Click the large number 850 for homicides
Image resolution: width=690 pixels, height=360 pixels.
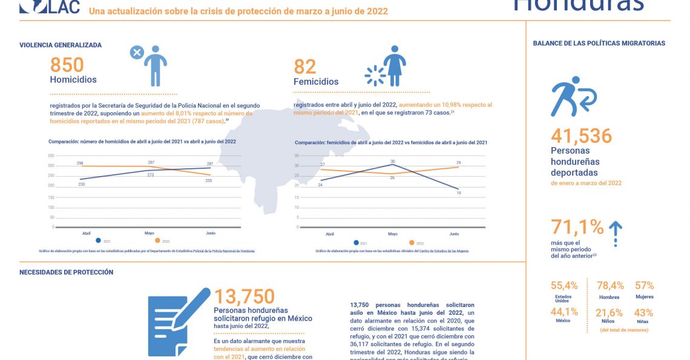pyautogui.click(x=67, y=65)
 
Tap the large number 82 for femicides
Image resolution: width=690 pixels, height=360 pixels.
pyautogui.click(x=305, y=67)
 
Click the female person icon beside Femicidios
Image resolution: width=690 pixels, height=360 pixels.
pyautogui.click(x=395, y=66)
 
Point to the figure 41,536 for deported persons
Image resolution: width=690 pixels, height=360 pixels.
pyautogui.click(x=581, y=136)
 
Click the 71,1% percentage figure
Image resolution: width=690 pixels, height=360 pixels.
pyautogui.click(x=577, y=227)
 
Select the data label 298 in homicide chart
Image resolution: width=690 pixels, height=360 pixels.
pyautogui.click(x=80, y=163)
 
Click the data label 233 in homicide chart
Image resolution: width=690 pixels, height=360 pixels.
pyautogui.click(x=81, y=184)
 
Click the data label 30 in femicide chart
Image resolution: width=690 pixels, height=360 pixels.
pyautogui.click(x=393, y=162)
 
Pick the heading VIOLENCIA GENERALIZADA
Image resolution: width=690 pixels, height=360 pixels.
pyautogui.click(x=61, y=45)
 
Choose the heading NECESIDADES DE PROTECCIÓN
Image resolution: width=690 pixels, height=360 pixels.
pyautogui.click(x=66, y=272)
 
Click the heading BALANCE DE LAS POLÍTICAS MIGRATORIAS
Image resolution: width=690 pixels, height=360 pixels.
pyautogui.click(x=599, y=44)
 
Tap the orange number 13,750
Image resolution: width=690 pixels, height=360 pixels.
pyautogui.click(x=244, y=296)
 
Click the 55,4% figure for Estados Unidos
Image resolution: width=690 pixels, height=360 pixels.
pyautogui.click(x=563, y=286)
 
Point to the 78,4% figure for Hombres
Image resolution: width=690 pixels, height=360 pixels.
pyautogui.click(x=609, y=286)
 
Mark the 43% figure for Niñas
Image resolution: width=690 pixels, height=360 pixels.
pyautogui.click(x=643, y=313)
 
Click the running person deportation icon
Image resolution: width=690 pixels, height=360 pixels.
pyautogui.click(x=573, y=97)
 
